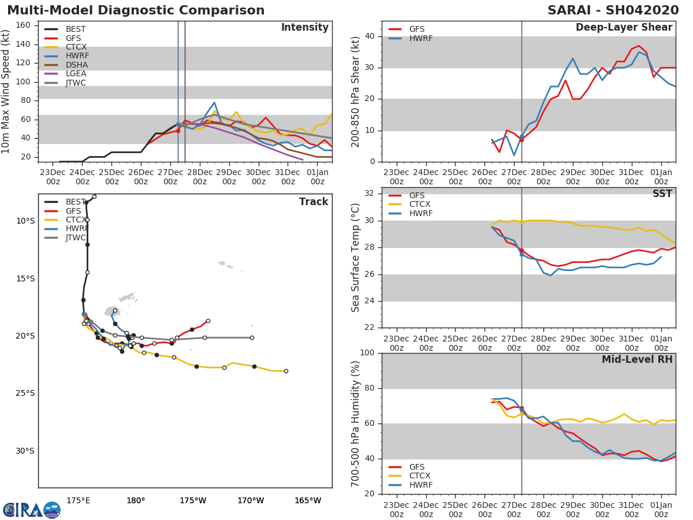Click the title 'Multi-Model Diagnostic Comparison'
(x=136, y=10)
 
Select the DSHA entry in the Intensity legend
(x=76, y=65)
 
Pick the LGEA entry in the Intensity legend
(x=76, y=74)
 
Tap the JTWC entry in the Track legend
(x=76, y=238)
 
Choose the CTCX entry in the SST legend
(x=420, y=205)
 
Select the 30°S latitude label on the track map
(x=25, y=451)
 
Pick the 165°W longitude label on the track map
(x=308, y=501)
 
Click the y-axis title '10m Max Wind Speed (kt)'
(x=6, y=93)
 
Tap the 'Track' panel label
(x=314, y=202)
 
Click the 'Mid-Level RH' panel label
(x=637, y=360)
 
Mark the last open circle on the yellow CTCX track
(x=286, y=371)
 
